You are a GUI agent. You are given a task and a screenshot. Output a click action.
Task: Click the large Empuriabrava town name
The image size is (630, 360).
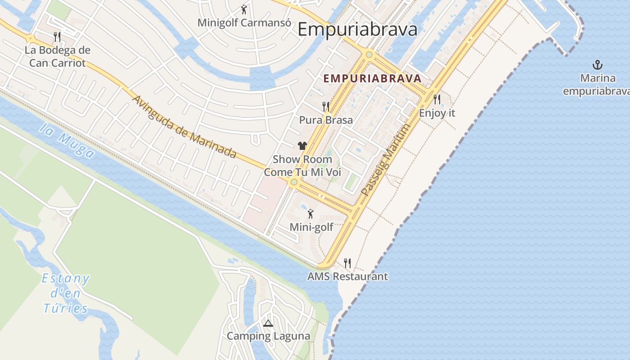357,30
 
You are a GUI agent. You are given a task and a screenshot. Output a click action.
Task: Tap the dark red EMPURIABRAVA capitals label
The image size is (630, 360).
373,78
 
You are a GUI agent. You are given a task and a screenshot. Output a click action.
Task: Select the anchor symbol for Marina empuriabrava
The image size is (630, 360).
598,65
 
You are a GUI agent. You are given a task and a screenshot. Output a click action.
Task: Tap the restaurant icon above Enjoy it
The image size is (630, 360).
436,99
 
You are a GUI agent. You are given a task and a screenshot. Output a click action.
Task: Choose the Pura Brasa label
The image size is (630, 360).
326,120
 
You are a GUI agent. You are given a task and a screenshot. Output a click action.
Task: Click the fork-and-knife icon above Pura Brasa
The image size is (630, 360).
326,107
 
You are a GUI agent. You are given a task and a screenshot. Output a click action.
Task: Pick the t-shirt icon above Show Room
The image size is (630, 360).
302,146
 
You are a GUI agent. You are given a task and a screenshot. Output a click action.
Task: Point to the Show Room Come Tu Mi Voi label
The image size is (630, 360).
302,166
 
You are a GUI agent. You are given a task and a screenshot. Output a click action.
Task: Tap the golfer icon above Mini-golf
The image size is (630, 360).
310,214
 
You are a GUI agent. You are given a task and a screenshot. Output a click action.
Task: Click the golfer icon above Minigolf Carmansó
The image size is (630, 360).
244,9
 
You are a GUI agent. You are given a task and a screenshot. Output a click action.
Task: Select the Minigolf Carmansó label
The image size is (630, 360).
244,22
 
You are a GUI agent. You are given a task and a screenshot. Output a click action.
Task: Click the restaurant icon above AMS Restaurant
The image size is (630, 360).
347,263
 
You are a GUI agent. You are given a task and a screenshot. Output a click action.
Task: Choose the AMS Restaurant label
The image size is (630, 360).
347,276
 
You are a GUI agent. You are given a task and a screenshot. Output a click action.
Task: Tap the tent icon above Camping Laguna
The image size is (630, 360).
268,323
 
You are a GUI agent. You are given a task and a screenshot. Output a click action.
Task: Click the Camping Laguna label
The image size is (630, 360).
268,336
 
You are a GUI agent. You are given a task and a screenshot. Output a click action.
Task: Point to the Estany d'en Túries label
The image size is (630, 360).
66,293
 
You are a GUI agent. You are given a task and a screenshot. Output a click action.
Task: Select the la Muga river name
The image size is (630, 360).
67,141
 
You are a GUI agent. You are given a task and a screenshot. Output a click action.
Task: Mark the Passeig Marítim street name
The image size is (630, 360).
386,160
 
